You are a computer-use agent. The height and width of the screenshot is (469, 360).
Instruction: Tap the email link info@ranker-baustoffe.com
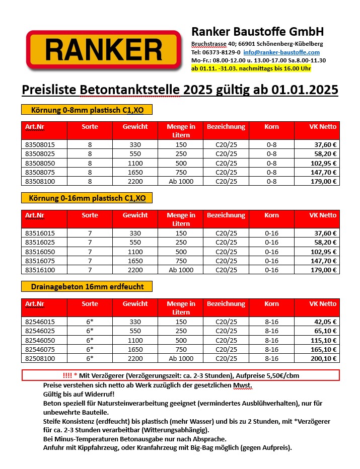click(x=281, y=52)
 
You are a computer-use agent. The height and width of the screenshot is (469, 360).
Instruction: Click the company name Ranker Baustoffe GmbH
click(x=257, y=32)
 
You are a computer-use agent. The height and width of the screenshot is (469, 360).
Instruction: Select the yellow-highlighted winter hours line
click(x=251, y=68)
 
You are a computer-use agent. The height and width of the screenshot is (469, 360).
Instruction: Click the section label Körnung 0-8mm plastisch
click(x=86, y=110)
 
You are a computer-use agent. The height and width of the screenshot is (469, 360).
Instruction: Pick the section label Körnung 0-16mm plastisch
click(x=86, y=198)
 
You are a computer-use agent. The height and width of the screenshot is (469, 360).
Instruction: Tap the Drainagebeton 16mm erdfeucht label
click(x=86, y=286)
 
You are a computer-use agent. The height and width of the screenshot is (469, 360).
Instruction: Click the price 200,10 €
click(x=324, y=358)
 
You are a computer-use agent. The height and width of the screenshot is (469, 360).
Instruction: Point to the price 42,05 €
click(x=325, y=322)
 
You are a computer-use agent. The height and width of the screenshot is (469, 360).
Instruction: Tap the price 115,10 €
click(x=324, y=340)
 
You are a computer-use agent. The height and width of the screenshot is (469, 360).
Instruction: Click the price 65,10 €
click(x=325, y=331)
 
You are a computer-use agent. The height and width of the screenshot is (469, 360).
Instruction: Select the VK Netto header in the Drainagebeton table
click(x=322, y=304)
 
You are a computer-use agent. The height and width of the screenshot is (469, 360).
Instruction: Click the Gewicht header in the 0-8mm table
click(x=135, y=127)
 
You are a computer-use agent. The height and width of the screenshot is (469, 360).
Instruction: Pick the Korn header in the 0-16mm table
click(x=271, y=215)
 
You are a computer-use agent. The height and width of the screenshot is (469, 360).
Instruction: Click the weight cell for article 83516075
click(x=135, y=261)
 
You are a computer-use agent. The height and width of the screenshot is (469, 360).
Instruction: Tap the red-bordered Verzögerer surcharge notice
click(x=180, y=375)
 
